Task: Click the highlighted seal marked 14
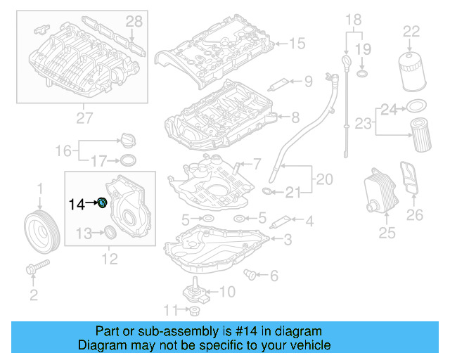click(103, 203)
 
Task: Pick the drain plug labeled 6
click(249, 274)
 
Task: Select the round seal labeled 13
click(111, 233)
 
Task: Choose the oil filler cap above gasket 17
click(127, 139)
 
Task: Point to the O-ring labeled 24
click(415, 107)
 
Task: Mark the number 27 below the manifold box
click(84, 119)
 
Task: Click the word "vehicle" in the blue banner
click(307, 345)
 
